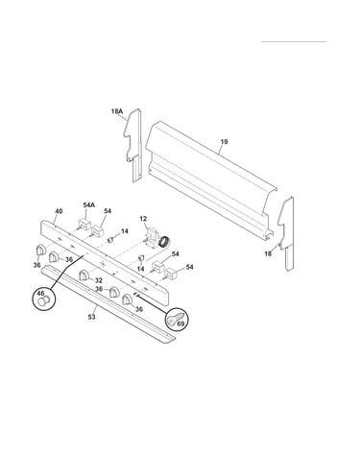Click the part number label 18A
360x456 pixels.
117,111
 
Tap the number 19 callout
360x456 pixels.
224,141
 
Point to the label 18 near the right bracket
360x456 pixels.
268,253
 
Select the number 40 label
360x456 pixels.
59,211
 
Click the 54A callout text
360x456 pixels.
88,205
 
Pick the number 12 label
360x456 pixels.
143,219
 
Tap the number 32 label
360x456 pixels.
99,280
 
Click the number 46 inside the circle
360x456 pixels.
40,293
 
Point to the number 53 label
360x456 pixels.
91,317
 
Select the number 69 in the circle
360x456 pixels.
180,324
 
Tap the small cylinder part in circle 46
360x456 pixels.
43,300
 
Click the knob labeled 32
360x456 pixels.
84,276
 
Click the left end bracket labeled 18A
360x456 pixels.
133,145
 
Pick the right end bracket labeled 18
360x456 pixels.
286,233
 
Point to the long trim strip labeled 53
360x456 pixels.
108,306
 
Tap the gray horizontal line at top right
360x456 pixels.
294,41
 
